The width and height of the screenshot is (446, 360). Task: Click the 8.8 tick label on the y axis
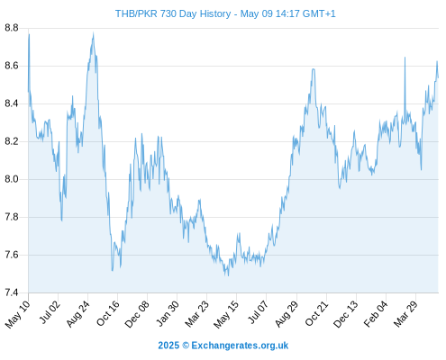[x=12, y=28]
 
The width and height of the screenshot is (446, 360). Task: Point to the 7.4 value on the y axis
[x=12, y=292]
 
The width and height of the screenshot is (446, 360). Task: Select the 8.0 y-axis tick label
[x=12, y=179]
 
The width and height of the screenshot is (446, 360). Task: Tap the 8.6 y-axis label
[x=12, y=66]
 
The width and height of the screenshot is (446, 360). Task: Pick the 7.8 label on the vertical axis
[x=12, y=217]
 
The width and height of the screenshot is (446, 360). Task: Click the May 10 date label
[x=18, y=314]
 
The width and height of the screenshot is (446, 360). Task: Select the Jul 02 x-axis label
[x=50, y=312]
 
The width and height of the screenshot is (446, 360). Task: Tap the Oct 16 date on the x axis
[x=108, y=313]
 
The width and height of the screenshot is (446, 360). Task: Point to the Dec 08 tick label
[x=137, y=314]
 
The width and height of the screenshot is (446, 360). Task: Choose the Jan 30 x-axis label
[x=168, y=313]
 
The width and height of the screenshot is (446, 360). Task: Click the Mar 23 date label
[x=197, y=313]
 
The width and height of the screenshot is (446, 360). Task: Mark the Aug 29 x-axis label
[x=287, y=313]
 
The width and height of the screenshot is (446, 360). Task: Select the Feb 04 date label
[x=376, y=313]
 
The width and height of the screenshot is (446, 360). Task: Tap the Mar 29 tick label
[x=405, y=313]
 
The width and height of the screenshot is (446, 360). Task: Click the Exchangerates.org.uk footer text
[x=240, y=346]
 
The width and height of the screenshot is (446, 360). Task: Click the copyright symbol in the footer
[x=186, y=346]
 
